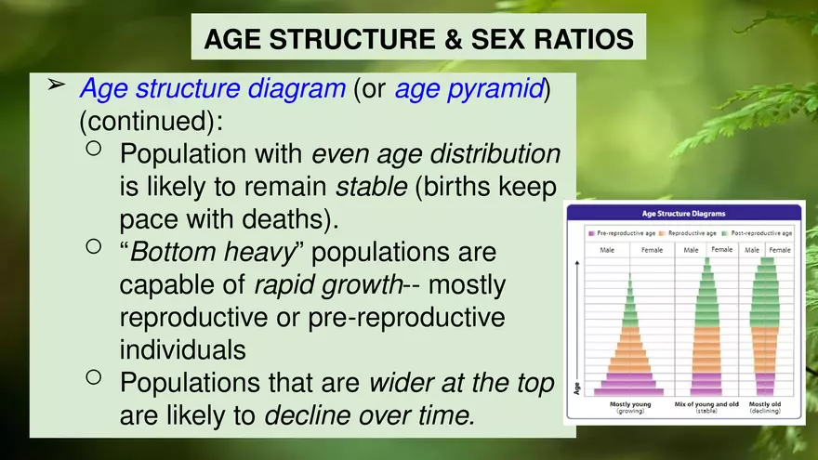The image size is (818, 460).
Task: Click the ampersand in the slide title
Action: [x=442, y=40]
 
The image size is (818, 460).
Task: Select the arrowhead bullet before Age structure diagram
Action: [x=56, y=85]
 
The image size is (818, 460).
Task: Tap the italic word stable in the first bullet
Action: [x=371, y=186]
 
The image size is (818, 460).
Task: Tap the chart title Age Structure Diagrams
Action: [x=683, y=214]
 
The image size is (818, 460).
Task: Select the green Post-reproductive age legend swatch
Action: [x=725, y=232]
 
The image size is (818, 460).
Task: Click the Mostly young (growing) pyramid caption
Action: [x=629, y=408]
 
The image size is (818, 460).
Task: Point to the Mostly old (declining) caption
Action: [x=765, y=408]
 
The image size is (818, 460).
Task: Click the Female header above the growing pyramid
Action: [x=652, y=250]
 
